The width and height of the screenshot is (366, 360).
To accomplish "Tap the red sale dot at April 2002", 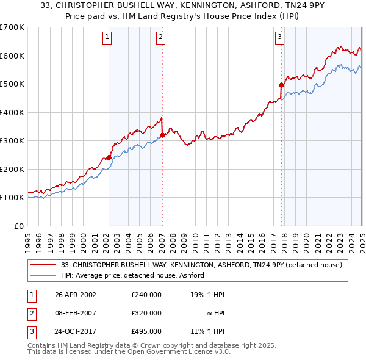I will click(x=109, y=157).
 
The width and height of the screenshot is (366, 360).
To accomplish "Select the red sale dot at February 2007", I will click(x=162, y=135).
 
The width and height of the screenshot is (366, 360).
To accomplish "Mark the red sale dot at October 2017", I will click(x=281, y=85).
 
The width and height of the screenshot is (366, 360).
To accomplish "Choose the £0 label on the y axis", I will click(x=19, y=226).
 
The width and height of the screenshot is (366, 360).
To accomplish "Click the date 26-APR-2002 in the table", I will click(x=75, y=295).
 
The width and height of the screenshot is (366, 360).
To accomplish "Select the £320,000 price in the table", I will click(x=146, y=313).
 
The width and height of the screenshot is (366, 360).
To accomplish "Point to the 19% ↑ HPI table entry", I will click(x=208, y=295).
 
